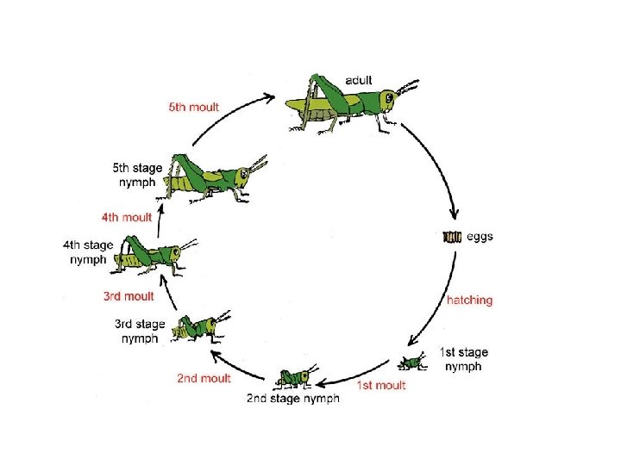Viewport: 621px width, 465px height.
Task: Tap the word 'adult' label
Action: pyautogui.click(x=359, y=80)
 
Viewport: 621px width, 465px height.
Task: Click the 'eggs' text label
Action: pyautogui.click(x=480, y=236)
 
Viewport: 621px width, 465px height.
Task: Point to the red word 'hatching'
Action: pyautogui.click(x=469, y=301)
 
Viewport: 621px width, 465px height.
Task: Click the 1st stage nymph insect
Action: pyautogui.click(x=413, y=362)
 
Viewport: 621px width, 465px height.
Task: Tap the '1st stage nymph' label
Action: pyautogui.click(x=463, y=359)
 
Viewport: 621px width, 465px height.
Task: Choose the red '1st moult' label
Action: pyautogui.click(x=380, y=385)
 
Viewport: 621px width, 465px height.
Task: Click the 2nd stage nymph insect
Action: pyautogui.click(x=296, y=376)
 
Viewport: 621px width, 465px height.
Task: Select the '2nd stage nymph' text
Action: pyautogui.click(x=292, y=398)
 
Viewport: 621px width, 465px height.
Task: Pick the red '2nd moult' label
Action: pyautogui.click(x=204, y=378)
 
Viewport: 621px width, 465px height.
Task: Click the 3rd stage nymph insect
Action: pyautogui.click(x=198, y=328)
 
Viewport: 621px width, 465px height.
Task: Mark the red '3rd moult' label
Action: pyautogui.click(x=128, y=296)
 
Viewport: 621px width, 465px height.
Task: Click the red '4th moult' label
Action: pyautogui.click(x=126, y=217)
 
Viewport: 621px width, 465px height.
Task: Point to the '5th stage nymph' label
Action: pyautogui.click(x=138, y=175)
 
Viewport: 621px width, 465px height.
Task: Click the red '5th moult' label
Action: pyautogui.click(x=193, y=108)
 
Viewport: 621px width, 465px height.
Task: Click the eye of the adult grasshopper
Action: pyautogui.click(x=390, y=98)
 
